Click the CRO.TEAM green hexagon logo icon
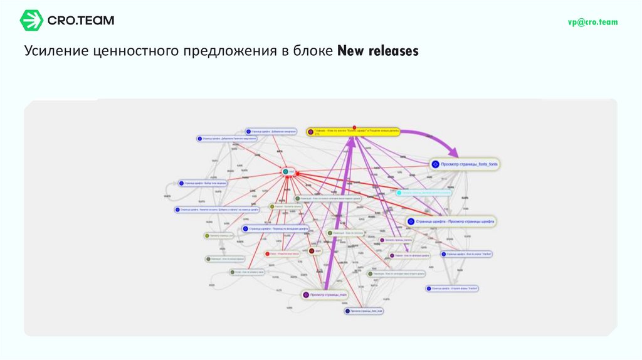click(x=31, y=21)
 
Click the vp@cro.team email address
click(x=592, y=22)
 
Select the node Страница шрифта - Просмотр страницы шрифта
click(x=451, y=221)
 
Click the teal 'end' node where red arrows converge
click(x=288, y=171)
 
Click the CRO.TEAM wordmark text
click(x=81, y=21)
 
